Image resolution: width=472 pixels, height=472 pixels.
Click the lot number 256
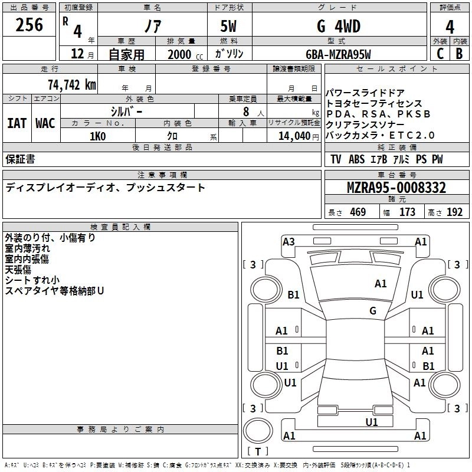[x=29, y=25]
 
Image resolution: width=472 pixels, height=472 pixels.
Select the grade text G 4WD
[x=339, y=26]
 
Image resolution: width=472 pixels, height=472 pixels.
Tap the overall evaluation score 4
[x=450, y=27]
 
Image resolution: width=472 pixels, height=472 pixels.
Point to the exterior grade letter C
[x=440, y=54]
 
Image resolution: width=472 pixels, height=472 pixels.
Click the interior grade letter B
[x=459, y=54]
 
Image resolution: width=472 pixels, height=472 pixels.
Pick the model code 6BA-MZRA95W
[x=339, y=54]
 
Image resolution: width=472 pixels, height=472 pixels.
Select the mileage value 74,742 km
[x=70, y=84]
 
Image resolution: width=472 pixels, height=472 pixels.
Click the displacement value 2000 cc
[x=183, y=54]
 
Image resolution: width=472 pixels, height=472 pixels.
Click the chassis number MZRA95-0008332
[x=396, y=188]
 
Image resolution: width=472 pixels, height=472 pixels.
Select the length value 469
[x=357, y=212]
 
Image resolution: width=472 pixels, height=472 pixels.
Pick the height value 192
[x=455, y=212]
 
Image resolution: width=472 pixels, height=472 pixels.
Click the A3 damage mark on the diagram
[x=289, y=241]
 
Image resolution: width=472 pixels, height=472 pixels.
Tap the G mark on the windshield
[x=373, y=310]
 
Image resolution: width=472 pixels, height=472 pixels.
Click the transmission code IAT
[x=17, y=123]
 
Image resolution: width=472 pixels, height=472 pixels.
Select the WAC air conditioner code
[x=45, y=123]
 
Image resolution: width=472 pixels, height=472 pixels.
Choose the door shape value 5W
[x=231, y=26]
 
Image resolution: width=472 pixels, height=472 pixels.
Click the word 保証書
[x=20, y=159]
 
